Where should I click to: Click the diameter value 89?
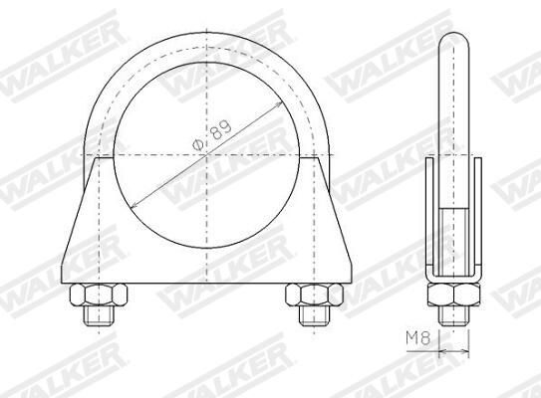coord(220,129)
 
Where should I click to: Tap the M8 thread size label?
coord(417,338)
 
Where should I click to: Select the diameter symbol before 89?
coord(197,144)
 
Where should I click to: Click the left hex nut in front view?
coord(99,295)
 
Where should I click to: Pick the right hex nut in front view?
coord(314,295)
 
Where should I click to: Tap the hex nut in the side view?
coord(453,295)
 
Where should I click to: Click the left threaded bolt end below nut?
coord(99,315)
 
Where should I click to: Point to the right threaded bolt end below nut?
coord(314,315)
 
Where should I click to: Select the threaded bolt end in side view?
coord(453,315)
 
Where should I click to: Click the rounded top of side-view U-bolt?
coord(453,35)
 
